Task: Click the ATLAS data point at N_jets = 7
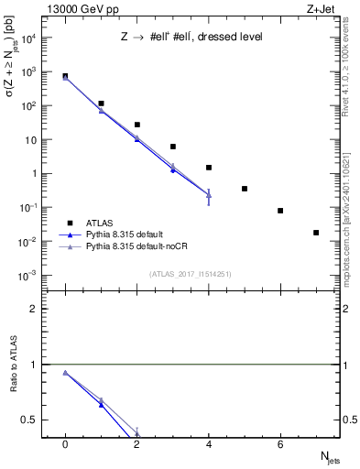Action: [x=316, y=233]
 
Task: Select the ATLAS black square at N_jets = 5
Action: [x=245, y=189]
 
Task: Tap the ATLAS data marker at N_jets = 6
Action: [x=280, y=211]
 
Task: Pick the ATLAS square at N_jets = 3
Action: [x=172, y=147]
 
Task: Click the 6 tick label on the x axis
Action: [x=280, y=444]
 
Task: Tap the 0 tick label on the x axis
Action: [x=65, y=444]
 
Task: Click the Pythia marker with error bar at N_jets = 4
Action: [x=209, y=195]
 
